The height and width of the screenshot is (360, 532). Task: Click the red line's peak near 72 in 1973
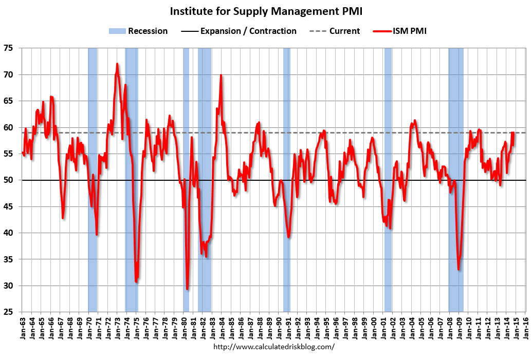point(117,64)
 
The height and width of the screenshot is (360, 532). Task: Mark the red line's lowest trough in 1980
point(187,289)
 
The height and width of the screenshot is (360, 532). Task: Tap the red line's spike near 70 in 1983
point(221,75)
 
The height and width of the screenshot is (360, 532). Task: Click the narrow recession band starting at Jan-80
point(186,154)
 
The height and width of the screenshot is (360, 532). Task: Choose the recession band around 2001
point(388,154)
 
